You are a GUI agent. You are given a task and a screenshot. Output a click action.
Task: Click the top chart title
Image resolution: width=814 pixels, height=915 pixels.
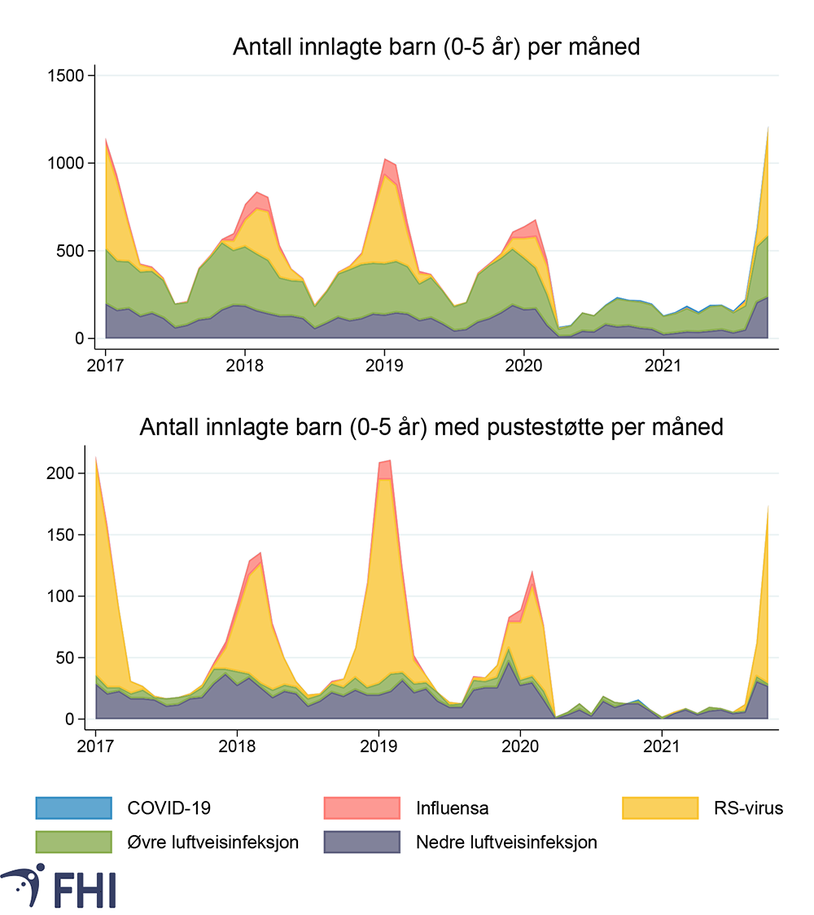[436, 47]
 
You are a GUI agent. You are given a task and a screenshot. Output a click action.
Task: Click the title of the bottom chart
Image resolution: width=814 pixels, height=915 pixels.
[431, 427]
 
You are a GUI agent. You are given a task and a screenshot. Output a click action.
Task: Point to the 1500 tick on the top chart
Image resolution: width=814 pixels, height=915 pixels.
[68, 76]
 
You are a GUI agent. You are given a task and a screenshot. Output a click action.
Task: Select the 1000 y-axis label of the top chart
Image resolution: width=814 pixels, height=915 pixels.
[68, 164]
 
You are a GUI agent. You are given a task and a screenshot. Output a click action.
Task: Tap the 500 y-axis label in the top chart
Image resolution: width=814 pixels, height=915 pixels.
[72, 251]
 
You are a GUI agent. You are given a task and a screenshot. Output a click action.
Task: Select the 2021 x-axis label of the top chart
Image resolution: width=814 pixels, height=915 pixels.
[664, 364]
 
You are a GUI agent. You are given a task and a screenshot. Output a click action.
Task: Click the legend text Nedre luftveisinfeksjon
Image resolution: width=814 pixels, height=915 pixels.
[505, 842]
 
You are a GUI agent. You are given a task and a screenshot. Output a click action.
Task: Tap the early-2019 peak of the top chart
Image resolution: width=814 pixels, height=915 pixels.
[387, 160]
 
